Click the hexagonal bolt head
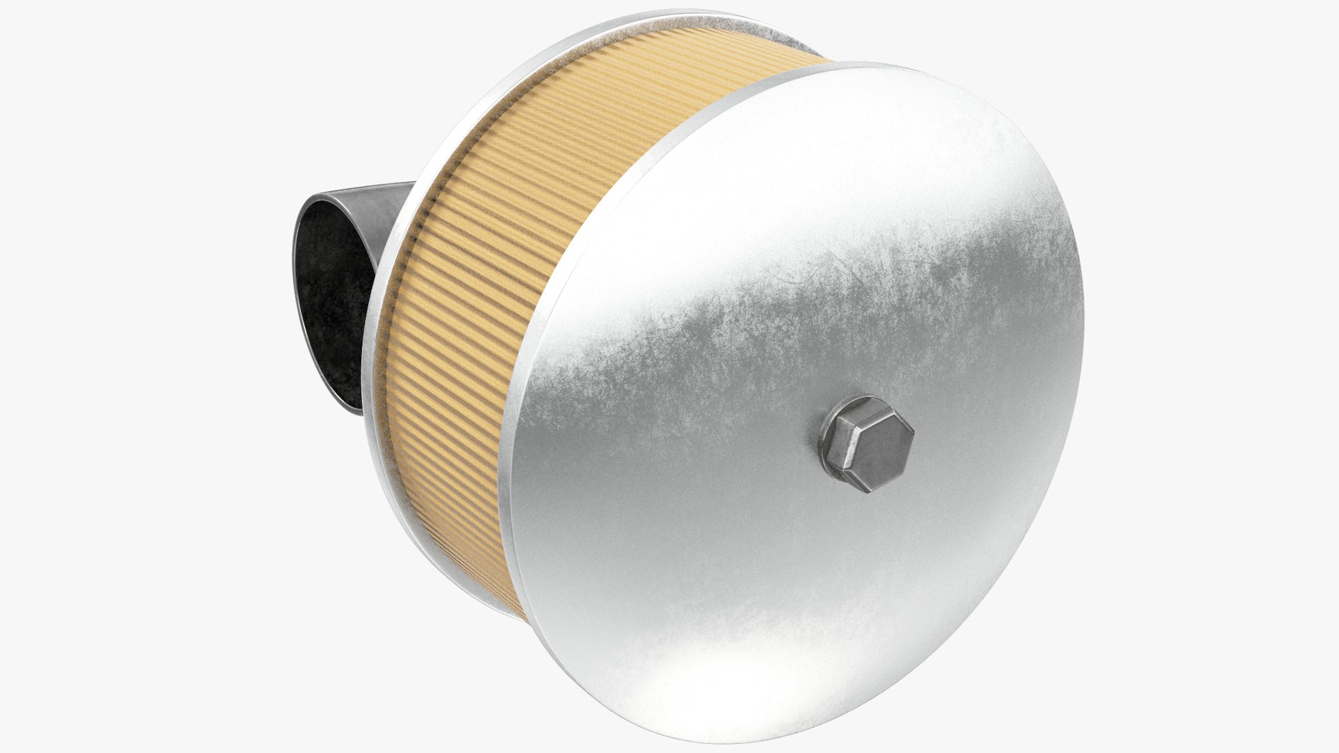tap(867, 444)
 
